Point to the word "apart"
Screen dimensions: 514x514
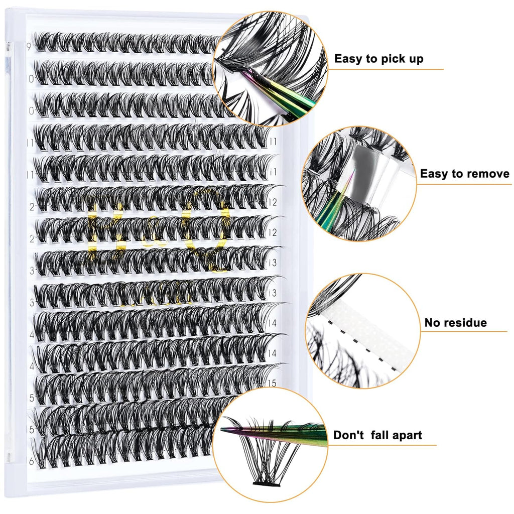(405, 435)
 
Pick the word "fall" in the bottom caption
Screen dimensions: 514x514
(380, 435)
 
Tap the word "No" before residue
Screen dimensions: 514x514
(433, 322)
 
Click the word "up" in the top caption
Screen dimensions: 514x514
(414, 59)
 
